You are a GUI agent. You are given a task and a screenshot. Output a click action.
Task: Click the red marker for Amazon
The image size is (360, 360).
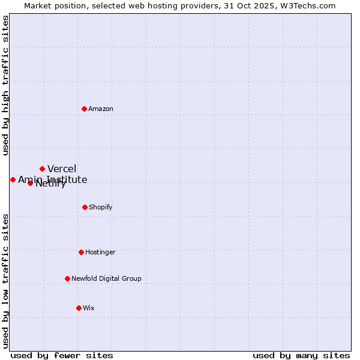click(85, 109)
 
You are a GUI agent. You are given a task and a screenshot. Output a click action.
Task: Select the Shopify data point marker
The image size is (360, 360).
click(85, 207)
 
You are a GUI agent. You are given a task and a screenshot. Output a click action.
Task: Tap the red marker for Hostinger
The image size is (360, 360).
click(81, 252)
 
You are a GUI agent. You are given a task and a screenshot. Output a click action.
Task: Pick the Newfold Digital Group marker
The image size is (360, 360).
click(67, 278)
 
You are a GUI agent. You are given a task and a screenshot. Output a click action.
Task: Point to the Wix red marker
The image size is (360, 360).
click(79, 308)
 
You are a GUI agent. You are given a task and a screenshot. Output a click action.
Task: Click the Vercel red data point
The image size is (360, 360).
click(42, 169)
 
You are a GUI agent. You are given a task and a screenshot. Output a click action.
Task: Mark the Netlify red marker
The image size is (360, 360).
click(30, 183)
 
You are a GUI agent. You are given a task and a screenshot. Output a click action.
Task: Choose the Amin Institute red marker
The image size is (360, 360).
click(13, 179)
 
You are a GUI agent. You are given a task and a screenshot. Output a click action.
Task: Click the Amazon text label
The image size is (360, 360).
click(101, 109)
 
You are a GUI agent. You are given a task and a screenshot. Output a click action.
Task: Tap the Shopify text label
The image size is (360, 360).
click(101, 207)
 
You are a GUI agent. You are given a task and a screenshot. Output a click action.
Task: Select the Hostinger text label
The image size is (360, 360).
click(100, 252)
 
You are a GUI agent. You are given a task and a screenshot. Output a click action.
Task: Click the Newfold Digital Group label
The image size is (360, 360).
click(106, 278)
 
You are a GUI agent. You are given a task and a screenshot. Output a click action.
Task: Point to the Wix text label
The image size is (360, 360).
click(89, 308)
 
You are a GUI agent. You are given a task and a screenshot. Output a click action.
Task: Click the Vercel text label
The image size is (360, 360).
click(62, 169)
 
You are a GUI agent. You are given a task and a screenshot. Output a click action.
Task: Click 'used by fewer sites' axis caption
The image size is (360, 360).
click(62, 355)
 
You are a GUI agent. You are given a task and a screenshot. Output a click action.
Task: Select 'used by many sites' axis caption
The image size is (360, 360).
click(301, 355)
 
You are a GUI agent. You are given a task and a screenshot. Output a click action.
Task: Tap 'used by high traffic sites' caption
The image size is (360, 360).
click(5, 85)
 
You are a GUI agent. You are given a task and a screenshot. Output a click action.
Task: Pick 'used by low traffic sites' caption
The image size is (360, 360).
click(5, 281)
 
